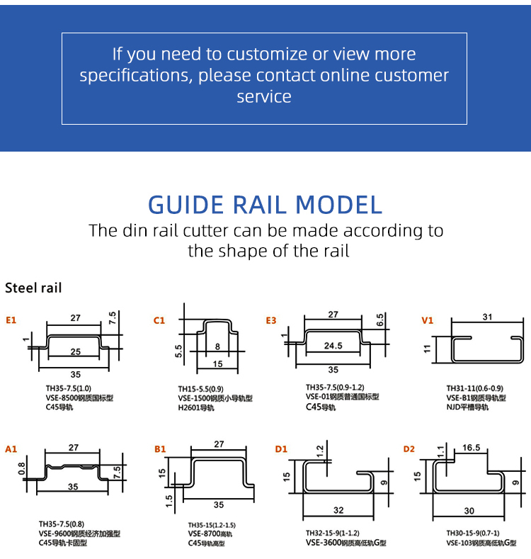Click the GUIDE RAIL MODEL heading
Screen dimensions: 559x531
coord(265,205)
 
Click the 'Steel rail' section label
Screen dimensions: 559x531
coord(33,288)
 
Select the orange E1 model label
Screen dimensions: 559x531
coord(11,320)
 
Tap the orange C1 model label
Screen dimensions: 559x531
coord(159,320)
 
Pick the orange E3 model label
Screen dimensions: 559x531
coord(271,320)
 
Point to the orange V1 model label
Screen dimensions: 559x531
coord(427,320)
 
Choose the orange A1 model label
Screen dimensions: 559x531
coord(11,448)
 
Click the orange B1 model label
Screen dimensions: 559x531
coord(160,448)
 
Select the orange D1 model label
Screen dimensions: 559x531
coord(281,448)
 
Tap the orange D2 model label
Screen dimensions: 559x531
coord(409,448)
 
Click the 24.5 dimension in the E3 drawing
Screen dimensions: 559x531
coord(333,346)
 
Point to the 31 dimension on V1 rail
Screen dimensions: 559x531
coord(487,317)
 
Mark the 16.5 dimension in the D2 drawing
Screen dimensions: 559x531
coord(472,448)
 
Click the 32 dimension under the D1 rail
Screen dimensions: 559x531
coord(338,509)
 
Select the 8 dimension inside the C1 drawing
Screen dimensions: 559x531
coord(217,346)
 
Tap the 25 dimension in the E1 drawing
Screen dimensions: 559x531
coord(75,351)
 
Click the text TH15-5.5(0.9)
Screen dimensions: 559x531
coord(201,389)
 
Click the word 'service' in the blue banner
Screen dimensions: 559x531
coord(264,97)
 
